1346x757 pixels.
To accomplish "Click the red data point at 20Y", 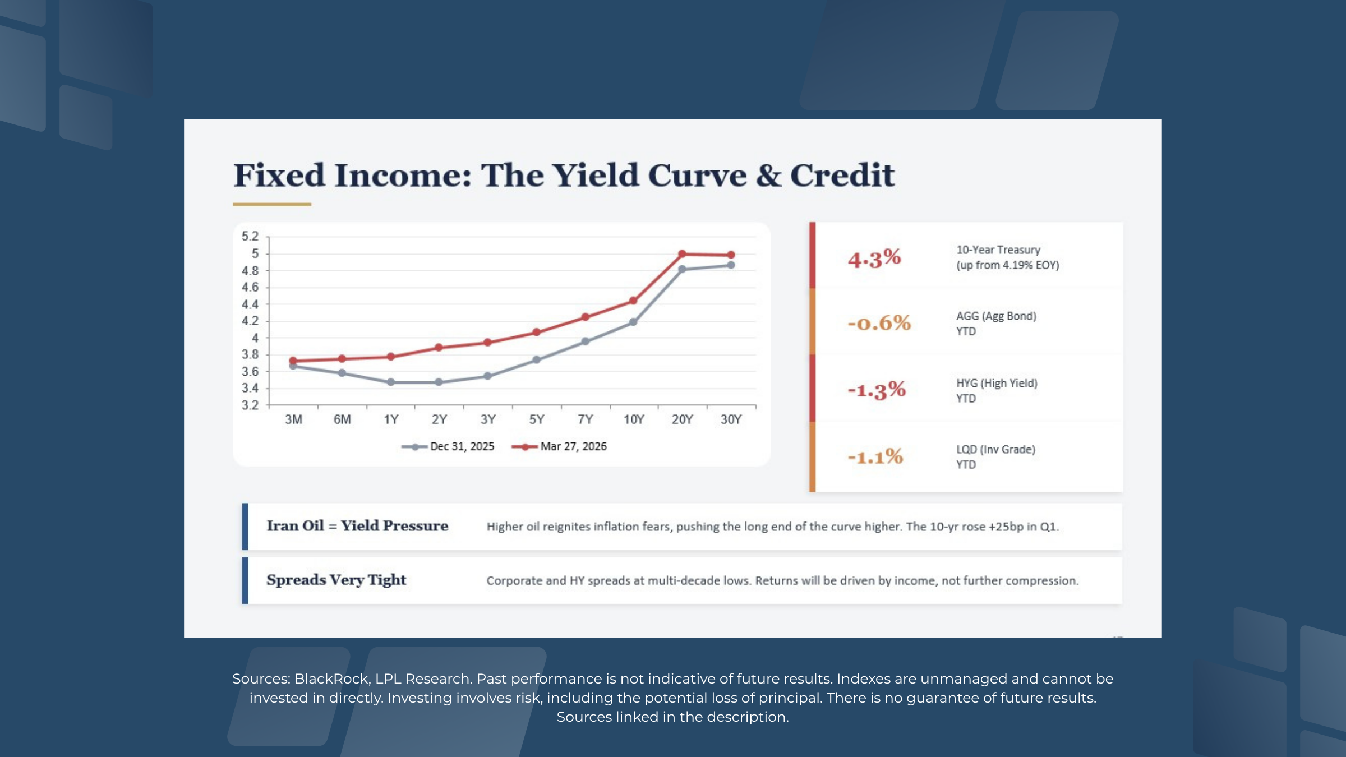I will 682,254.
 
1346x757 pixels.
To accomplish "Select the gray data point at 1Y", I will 391,382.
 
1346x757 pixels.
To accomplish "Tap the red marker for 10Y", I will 633,301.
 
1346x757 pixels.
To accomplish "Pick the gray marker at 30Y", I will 731,265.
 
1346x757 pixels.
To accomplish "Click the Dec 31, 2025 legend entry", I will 449,447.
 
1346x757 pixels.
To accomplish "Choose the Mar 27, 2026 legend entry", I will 560,447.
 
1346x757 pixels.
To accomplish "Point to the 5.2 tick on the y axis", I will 250,236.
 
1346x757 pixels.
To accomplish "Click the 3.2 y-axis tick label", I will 250,405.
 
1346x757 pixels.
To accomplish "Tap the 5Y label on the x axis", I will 537,419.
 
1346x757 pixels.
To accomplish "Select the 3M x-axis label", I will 293,419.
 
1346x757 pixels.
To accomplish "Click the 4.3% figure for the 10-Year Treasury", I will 874,259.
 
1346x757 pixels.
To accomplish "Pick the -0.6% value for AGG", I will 879,324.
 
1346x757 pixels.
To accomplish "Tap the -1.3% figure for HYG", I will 877,390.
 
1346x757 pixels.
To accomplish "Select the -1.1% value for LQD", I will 875,457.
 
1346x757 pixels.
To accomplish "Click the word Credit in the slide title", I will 842,176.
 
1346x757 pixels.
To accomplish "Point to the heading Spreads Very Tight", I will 336,580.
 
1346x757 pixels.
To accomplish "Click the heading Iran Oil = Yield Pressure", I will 357,526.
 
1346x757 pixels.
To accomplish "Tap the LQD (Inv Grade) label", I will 995,450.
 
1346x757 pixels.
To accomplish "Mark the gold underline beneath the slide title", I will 272,204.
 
